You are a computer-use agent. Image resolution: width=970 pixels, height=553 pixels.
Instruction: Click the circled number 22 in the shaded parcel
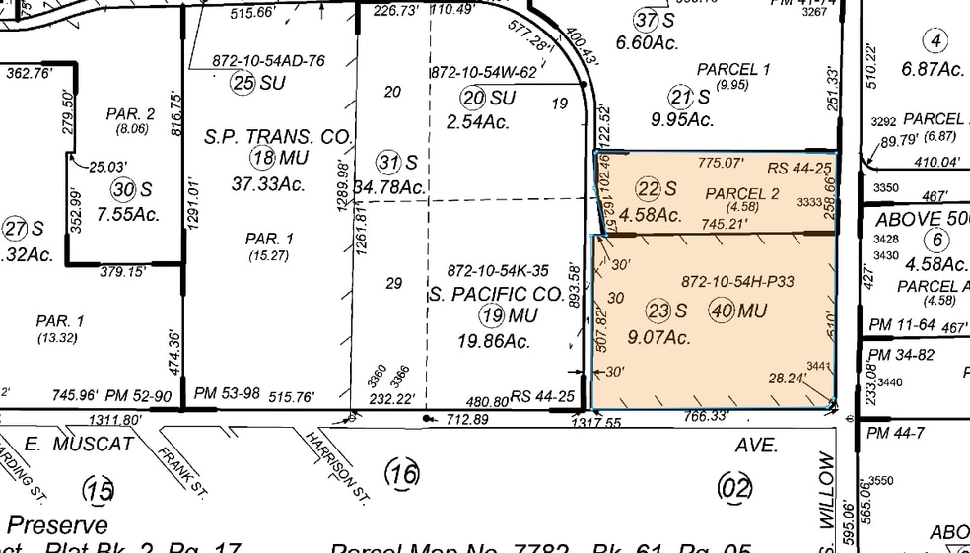click(x=647, y=189)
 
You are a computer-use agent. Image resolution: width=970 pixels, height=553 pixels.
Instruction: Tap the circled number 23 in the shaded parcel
click(x=658, y=310)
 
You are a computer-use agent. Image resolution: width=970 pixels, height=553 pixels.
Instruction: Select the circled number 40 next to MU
click(x=723, y=310)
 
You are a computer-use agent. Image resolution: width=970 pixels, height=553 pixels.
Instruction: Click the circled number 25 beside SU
click(x=243, y=83)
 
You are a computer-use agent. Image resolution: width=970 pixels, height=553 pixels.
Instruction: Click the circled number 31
click(x=389, y=161)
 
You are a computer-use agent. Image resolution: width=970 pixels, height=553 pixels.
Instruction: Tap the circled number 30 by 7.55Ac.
click(x=122, y=189)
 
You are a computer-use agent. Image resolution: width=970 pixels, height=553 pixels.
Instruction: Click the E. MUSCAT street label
click(x=78, y=444)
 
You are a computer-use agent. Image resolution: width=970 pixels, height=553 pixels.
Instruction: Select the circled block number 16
click(x=403, y=473)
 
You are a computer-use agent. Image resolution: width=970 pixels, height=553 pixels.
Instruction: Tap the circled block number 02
click(x=735, y=487)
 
